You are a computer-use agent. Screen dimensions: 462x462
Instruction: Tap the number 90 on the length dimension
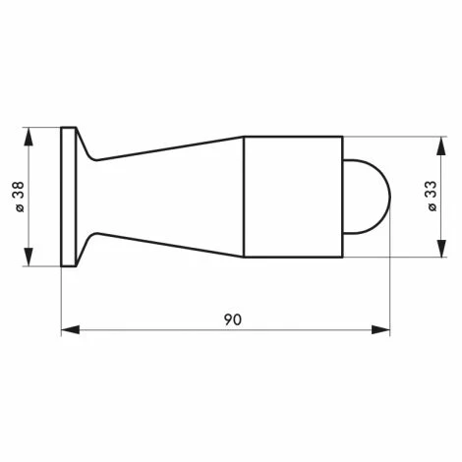(x=233, y=319)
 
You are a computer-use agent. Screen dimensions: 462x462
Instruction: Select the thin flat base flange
(x=69, y=197)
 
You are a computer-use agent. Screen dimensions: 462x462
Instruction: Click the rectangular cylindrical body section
(x=292, y=197)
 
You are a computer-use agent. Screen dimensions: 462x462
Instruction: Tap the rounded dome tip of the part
(x=368, y=197)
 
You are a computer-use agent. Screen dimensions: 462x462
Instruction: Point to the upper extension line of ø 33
(x=393, y=136)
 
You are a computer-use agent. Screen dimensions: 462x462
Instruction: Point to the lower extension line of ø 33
(x=393, y=258)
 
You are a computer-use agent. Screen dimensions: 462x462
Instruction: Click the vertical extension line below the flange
(x=61, y=300)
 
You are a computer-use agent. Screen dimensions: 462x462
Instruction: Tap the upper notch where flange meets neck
(x=90, y=156)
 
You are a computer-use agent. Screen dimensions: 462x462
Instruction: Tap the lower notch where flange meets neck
(x=90, y=237)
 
